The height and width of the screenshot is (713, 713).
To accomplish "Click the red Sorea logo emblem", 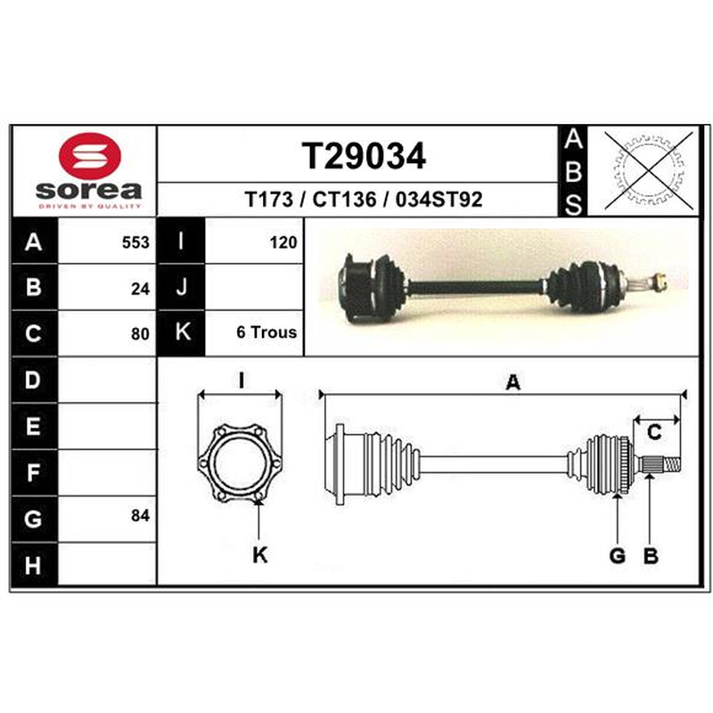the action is coord(90,156).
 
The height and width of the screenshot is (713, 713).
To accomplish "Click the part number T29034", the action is coord(364,156).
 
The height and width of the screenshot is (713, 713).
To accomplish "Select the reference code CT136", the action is coord(345,200).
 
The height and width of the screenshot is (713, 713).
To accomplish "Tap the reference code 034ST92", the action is coord(438,200).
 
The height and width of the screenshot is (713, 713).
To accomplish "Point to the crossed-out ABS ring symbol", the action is coord(649,170).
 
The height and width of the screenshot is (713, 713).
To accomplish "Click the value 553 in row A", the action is coord(135,242).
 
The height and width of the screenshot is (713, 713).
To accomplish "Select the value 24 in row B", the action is coord(140,289).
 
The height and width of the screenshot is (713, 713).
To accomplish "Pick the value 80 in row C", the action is coord(140,334).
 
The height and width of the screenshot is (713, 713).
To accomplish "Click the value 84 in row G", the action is coord(140,516).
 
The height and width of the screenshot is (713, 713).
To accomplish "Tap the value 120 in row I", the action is coord(283,242).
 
